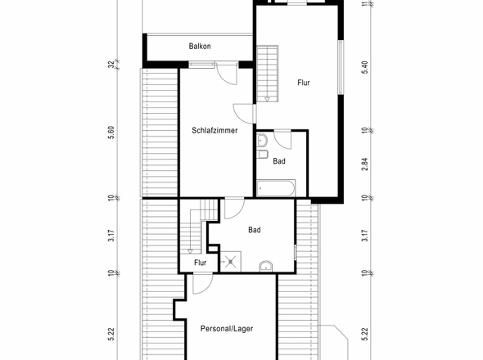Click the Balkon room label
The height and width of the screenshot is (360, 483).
click(200, 46)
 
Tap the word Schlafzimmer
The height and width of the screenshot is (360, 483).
click(214, 130)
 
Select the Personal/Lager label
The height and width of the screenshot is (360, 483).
click(227, 329)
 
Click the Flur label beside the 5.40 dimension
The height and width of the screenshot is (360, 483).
click(304, 83)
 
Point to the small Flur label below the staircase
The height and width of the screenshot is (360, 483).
click(201, 263)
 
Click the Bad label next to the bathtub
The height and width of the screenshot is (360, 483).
click(279, 161)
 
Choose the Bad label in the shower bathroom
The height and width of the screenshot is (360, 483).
click(255, 230)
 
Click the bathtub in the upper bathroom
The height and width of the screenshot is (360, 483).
click(276, 188)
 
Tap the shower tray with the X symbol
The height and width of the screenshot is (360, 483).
click(230, 262)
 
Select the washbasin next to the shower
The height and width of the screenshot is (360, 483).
click(266, 267)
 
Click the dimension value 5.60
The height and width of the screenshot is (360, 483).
click(111, 133)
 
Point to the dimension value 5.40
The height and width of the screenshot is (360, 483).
click(365, 67)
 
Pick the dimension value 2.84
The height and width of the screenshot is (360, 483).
click(365, 164)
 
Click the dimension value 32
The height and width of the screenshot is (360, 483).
click(111, 64)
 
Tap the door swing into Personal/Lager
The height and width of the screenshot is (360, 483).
click(203, 284)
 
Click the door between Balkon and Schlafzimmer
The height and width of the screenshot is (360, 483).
click(227, 74)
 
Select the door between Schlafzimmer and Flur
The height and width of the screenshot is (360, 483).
click(244, 114)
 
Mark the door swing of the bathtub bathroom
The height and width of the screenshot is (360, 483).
click(282, 140)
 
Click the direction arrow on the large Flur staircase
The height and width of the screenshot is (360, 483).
click(267, 99)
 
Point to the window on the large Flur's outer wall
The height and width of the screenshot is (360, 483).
click(341, 67)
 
